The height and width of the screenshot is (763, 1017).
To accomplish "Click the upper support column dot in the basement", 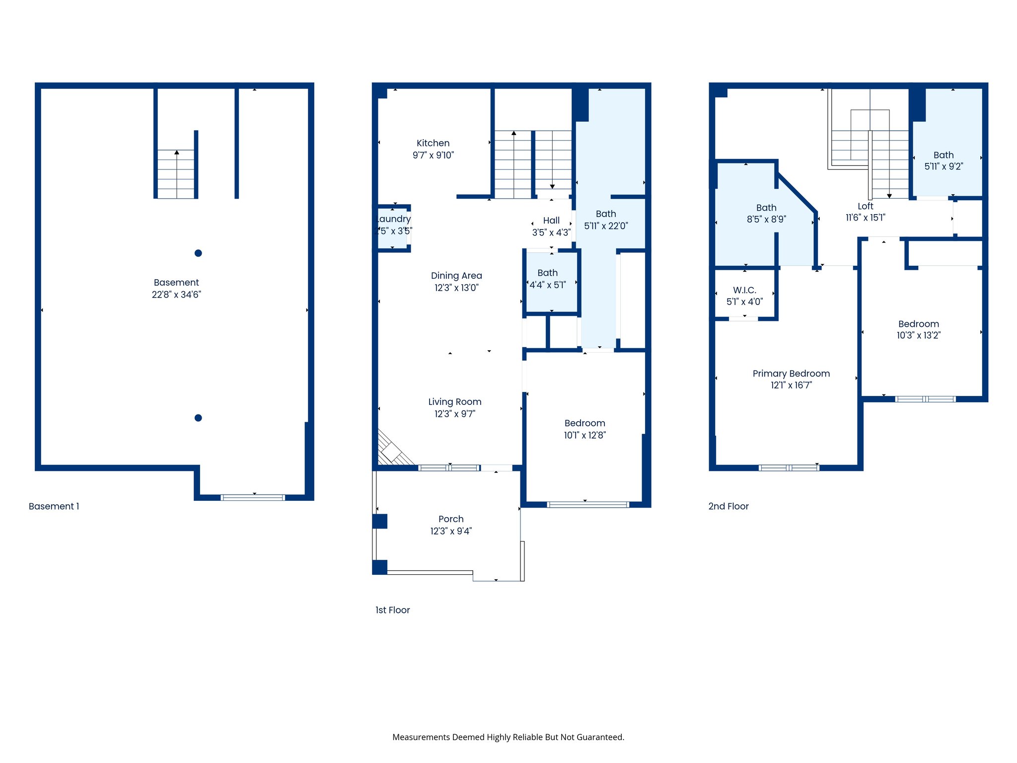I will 198,253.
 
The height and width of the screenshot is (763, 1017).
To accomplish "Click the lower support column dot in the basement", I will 198,418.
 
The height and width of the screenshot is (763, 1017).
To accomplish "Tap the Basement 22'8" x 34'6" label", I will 176,289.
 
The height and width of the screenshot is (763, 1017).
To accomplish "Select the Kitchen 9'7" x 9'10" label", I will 433,149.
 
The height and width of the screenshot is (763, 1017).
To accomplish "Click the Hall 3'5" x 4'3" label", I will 551,227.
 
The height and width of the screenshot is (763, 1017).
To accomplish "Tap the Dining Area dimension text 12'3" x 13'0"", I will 456,288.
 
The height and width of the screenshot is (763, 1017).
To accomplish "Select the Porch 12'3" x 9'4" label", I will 451,525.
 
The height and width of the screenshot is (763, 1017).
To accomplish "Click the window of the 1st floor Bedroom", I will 588,505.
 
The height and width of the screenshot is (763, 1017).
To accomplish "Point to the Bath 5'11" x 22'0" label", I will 606,220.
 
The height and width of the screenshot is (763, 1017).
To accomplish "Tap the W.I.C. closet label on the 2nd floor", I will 744,296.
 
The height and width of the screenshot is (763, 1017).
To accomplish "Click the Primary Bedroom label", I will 791,379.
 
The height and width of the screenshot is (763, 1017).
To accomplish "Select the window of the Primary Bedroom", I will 789,467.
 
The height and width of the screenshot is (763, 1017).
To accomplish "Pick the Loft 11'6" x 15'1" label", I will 866,212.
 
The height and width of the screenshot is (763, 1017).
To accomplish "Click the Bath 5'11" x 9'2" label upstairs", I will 944,161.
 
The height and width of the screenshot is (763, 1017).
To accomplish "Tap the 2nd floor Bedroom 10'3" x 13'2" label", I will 918,330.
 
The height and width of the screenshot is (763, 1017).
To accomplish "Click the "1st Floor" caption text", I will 392,610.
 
